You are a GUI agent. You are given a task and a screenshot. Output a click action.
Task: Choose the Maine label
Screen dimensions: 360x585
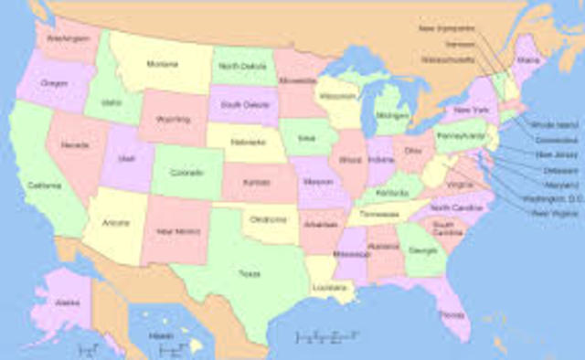point(528,60)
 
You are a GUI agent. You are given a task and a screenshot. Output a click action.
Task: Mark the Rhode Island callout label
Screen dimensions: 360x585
point(555,123)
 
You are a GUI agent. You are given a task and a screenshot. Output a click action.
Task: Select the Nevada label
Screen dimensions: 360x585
point(75,145)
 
